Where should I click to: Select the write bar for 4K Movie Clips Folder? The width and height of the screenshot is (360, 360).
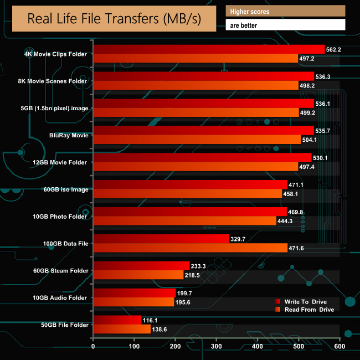(x=209, y=49)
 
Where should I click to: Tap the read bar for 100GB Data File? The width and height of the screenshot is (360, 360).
(x=191, y=248)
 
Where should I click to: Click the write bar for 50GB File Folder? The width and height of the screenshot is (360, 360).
(x=117, y=320)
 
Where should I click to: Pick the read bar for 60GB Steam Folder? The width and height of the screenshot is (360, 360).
(x=138, y=275)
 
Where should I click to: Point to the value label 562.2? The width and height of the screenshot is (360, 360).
(x=336, y=49)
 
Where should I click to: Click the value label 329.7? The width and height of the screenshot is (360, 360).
(x=240, y=239)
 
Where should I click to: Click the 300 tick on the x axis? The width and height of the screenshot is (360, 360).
(x=217, y=347)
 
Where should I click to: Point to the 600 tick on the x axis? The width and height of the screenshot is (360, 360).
(x=340, y=347)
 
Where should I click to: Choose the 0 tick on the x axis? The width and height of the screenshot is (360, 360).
(x=94, y=347)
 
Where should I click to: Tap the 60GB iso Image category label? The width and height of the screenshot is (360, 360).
(x=65, y=189)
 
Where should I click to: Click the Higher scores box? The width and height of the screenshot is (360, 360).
(x=285, y=11)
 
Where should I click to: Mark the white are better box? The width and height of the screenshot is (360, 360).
(x=285, y=25)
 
